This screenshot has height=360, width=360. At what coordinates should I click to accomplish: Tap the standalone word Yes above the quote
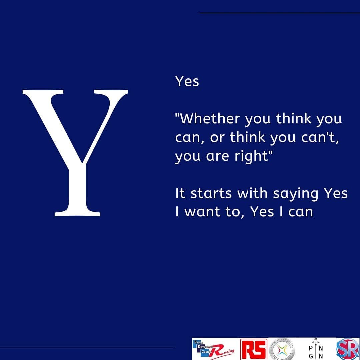[187, 81]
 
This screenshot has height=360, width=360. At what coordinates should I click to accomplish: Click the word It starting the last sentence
[180, 194]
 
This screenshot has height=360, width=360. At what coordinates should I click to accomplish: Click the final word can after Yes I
[301, 212]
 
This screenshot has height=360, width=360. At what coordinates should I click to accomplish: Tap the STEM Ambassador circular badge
[282, 349]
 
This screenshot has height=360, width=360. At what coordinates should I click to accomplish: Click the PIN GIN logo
[315, 349]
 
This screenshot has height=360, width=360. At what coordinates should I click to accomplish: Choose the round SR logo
[348, 349]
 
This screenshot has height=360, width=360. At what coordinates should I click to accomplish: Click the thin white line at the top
[280, 13]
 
